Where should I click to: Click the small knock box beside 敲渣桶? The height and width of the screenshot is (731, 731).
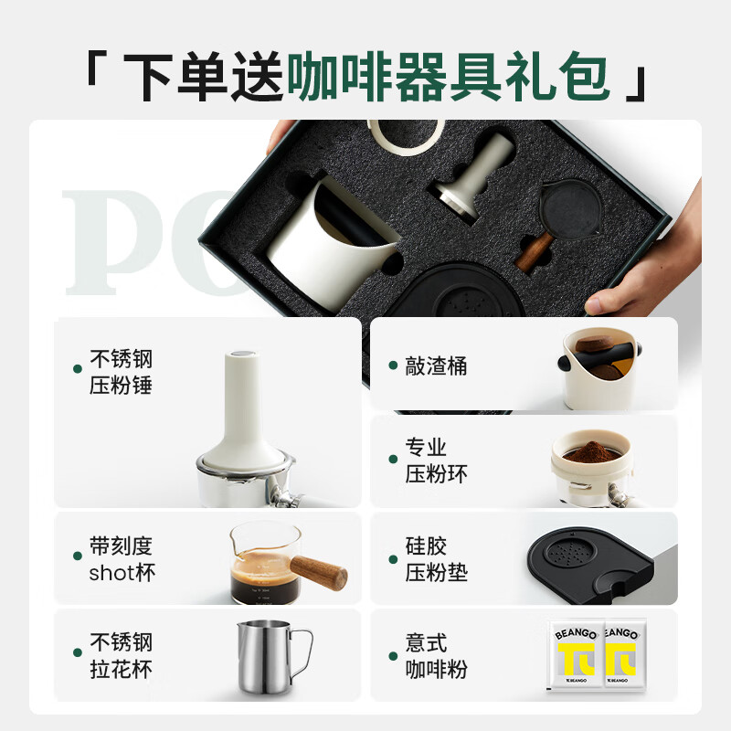click(x=599, y=367)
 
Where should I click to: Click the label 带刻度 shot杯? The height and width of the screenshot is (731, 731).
click(x=121, y=559)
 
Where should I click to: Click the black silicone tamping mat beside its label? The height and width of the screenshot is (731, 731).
click(x=585, y=563)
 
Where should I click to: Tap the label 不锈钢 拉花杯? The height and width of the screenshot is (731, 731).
click(x=121, y=654)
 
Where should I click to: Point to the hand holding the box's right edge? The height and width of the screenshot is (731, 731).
click(x=653, y=274)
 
